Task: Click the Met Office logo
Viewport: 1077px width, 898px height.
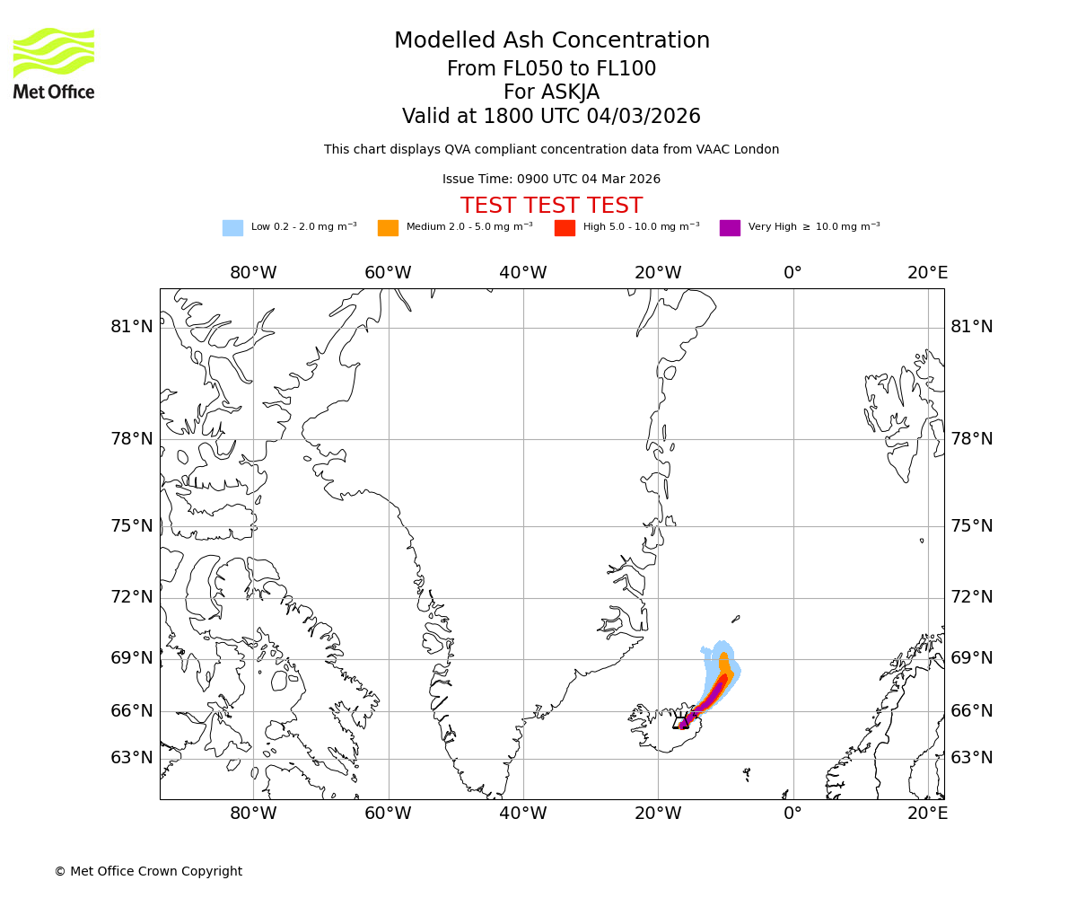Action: pyautogui.click(x=54, y=63)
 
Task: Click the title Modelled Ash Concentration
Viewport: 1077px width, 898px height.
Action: pyautogui.click(x=551, y=41)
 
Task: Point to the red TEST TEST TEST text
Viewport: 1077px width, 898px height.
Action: pyautogui.click(x=551, y=207)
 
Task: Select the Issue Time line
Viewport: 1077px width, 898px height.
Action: pyautogui.click(x=551, y=180)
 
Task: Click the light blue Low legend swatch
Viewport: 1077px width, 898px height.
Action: pyautogui.click(x=232, y=228)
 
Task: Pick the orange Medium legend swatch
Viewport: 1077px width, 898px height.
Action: pyautogui.click(x=388, y=228)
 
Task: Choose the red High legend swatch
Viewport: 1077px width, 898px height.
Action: pyautogui.click(x=565, y=228)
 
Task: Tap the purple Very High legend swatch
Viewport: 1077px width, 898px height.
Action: pyautogui.click(x=730, y=228)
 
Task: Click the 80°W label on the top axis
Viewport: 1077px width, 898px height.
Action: pyautogui.click(x=253, y=273)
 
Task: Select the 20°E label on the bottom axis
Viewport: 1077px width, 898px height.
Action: pyautogui.click(x=927, y=814)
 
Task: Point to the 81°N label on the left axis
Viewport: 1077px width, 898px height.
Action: pyautogui.click(x=132, y=327)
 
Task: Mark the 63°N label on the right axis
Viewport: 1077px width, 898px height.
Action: pyautogui.click(x=972, y=758)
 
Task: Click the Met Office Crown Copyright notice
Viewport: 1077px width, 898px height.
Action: pyautogui.click(x=148, y=872)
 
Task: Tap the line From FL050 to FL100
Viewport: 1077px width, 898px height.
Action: pyautogui.click(x=551, y=69)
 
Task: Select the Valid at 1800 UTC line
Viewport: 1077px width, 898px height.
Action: pyautogui.click(x=551, y=117)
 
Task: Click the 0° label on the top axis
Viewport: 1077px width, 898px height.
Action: pyautogui.click(x=792, y=273)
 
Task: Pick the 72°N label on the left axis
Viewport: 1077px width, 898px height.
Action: pyautogui.click(x=132, y=597)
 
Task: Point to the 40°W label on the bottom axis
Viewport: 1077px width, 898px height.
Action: pyautogui.click(x=523, y=814)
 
